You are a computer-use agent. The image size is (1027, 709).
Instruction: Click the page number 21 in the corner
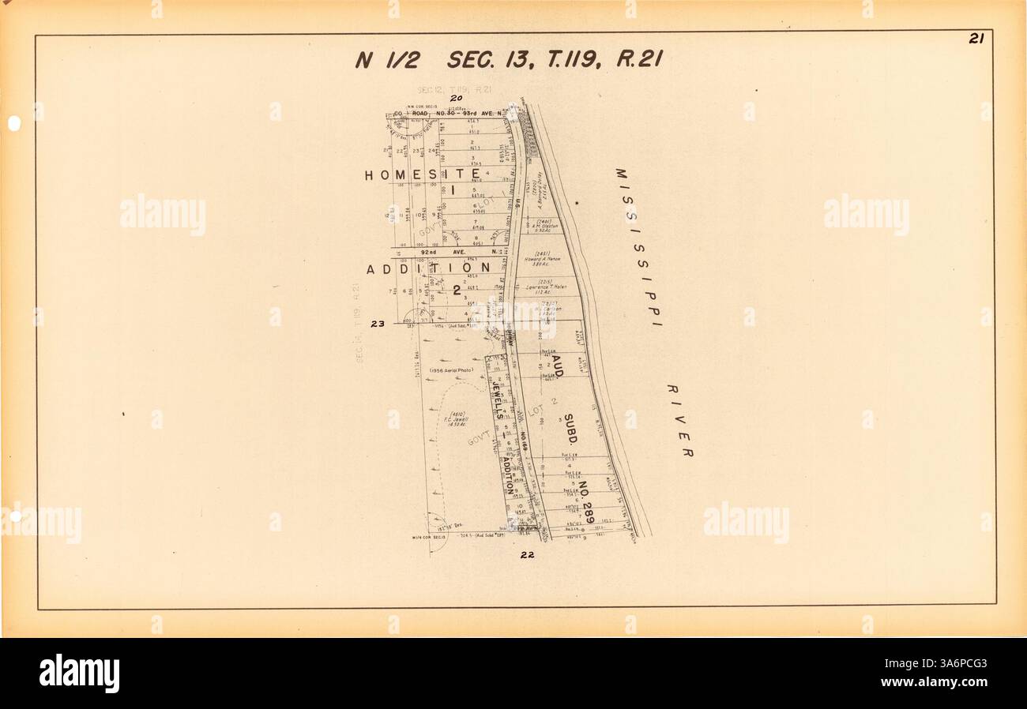coord(975,39)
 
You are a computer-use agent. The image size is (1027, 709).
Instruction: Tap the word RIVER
coord(679,420)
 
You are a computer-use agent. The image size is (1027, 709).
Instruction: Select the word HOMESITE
coord(423,174)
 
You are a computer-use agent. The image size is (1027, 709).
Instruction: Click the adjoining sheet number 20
coord(455,98)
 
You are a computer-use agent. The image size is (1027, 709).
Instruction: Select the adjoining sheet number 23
coord(377,322)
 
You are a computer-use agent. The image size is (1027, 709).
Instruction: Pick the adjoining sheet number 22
coord(527,554)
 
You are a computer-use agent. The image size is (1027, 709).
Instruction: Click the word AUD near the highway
coord(558,364)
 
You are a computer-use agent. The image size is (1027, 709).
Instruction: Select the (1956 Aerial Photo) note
coord(451,370)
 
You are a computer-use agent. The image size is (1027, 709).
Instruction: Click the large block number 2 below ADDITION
coord(457,290)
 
